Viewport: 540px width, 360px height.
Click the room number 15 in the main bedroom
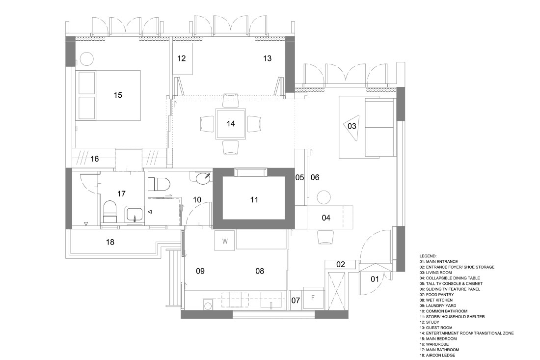pos(117,95)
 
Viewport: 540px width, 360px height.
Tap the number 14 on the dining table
pos(231,123)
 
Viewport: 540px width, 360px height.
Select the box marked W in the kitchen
pos(225,241)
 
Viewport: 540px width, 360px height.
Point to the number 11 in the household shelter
pos(254,199)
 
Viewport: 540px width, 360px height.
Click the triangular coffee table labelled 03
pos(352,126)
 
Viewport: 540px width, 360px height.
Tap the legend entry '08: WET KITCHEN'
pos(439,300)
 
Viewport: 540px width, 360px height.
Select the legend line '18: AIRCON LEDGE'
pos(441,355)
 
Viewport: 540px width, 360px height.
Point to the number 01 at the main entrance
pos(374,279)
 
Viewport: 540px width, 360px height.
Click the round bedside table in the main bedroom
pos(87,58)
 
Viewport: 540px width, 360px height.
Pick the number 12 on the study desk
pos(182,58)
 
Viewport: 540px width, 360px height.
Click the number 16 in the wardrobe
pos(94,159)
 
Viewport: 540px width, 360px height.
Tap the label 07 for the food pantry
pos(296,300)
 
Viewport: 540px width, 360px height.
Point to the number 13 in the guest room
pos(267,58)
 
